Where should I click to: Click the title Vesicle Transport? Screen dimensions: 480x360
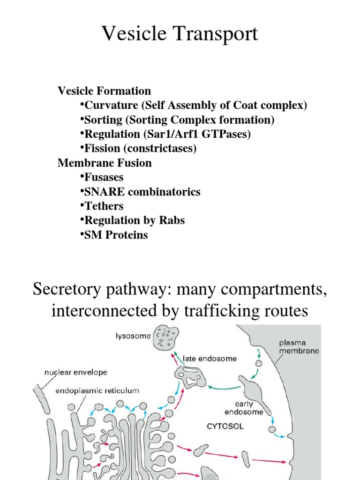[180, 35]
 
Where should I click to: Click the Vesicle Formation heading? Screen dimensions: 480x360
[104, 91]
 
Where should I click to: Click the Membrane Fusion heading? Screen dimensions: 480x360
[105, 163]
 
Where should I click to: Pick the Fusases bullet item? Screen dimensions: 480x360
[104, 178]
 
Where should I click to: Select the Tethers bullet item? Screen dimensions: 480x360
[104, 206]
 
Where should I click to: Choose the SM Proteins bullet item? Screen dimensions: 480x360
[116, 235]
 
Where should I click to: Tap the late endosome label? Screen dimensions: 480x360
[217, 359]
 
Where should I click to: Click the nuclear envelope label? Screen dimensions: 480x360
[75, 373]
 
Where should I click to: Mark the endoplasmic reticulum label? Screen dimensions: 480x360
[97, 390]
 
